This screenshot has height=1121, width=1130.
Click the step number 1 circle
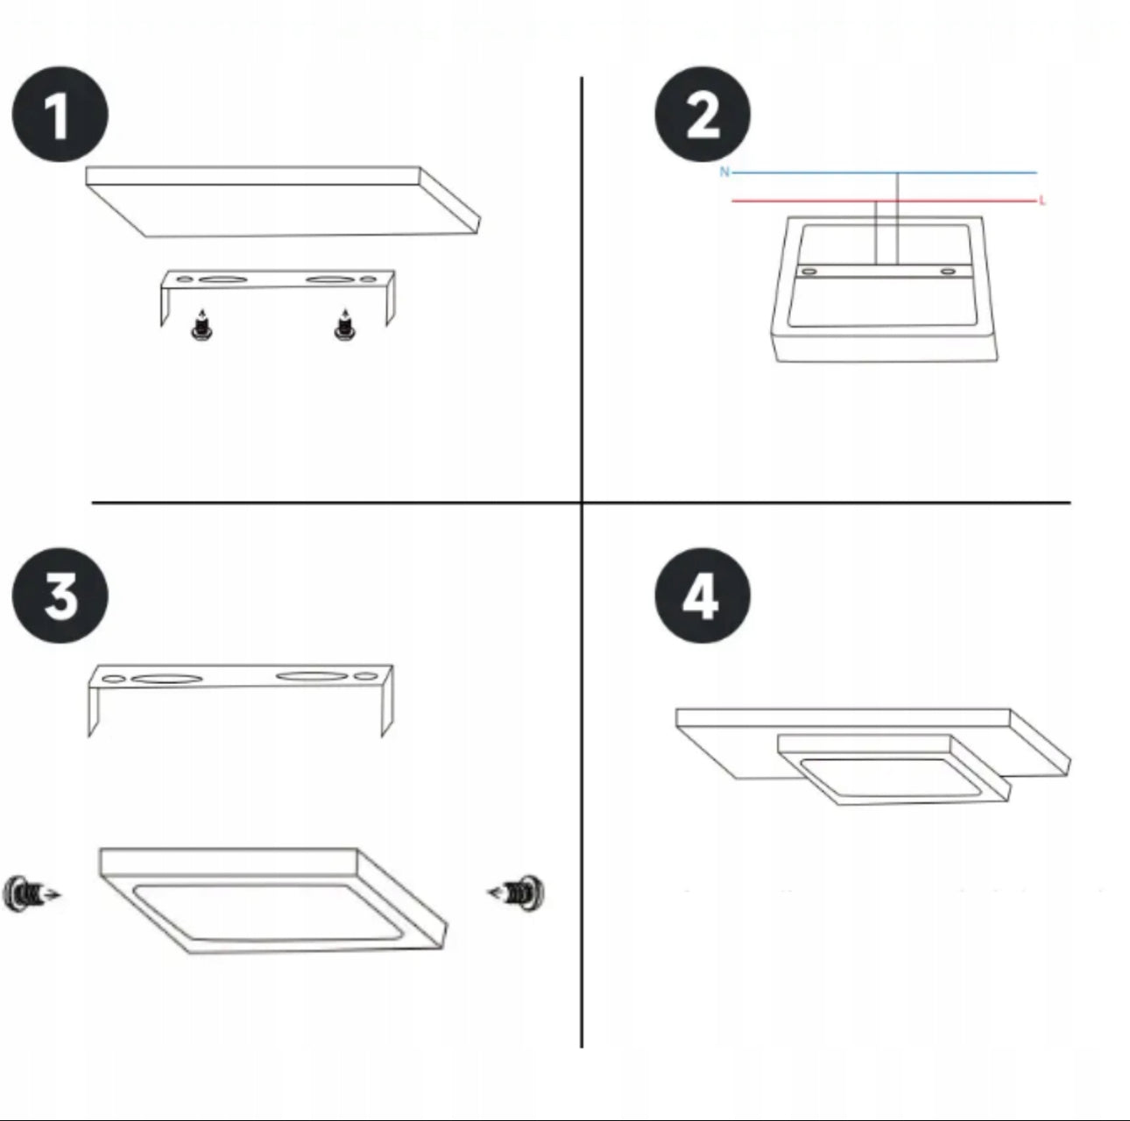[60, 115]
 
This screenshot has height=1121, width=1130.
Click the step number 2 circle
[703, 115]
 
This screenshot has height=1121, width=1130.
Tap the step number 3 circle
[60, 596]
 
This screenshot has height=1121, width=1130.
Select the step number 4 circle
[703, 596]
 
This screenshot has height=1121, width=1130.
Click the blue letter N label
[724, 172]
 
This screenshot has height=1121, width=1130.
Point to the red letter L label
[1042, 201]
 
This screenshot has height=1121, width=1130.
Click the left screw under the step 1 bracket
[201, 326]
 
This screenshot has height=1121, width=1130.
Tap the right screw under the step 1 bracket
[344, 326]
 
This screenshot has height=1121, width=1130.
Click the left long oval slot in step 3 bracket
[166, 679]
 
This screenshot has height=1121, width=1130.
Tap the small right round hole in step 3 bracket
[366, 677]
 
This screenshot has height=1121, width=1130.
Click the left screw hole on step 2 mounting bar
[809, 272]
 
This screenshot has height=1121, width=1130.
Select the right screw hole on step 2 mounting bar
[948, 271]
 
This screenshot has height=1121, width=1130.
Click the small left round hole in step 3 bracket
[114, 680]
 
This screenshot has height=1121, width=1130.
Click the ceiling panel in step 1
[283, 201]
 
